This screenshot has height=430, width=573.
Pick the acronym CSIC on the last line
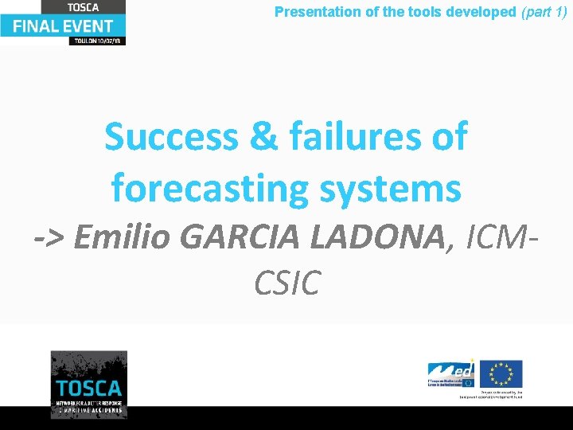[286, 283]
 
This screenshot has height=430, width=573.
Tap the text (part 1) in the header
[544, 12]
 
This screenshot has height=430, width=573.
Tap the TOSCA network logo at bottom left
[88, 384]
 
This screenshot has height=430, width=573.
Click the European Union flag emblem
[501, 373]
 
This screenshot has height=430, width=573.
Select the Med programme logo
[450, 373]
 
